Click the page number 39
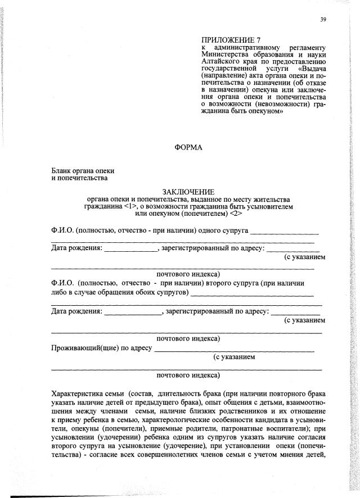[x=323, y=20]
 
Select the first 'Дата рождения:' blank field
[x=131, y=248]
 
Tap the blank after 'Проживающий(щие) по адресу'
[x=233, y=348]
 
